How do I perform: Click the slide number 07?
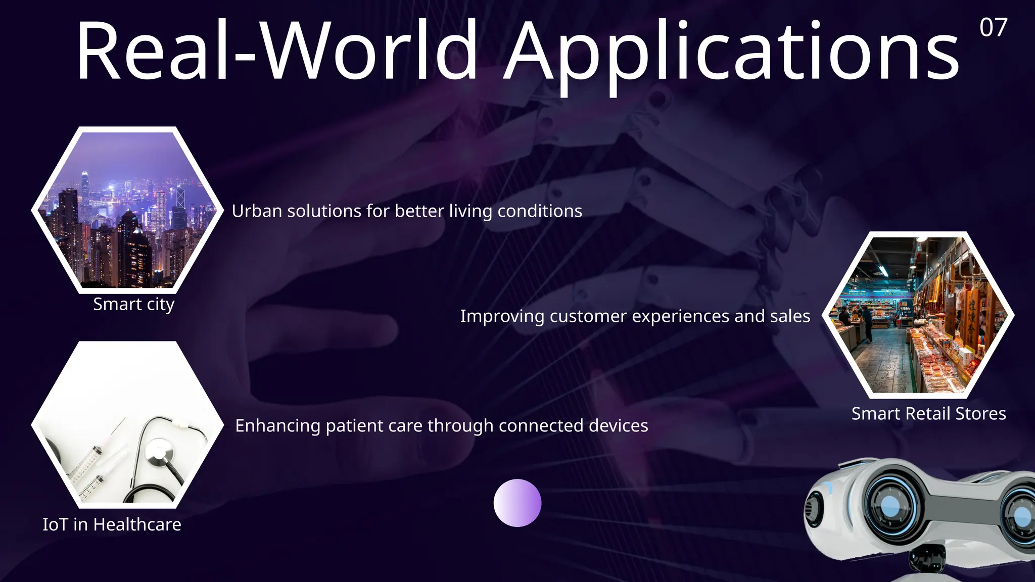993,27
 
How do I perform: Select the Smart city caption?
133,304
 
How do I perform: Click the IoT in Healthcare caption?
112,524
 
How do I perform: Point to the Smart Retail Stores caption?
928,414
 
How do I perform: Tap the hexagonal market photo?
918,315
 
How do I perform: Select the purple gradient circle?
517,503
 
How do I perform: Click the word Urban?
257,211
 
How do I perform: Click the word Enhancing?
277,426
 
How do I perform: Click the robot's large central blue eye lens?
890,505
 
